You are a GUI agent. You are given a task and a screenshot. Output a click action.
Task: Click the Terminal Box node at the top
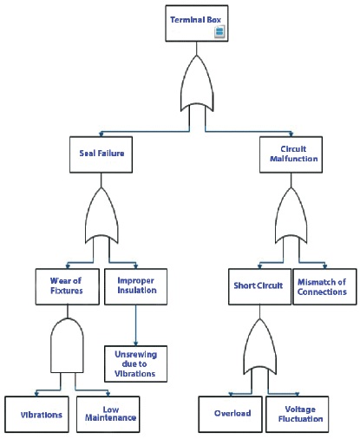click(x=197, y=23)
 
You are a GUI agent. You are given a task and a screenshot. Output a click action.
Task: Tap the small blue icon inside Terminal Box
click(x=219, y=31)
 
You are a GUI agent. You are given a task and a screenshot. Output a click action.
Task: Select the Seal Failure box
click(x=101, y=154)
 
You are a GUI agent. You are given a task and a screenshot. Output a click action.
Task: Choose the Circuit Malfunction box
click(x=291, y=154)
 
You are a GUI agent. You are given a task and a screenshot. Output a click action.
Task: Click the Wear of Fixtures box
click(x=68, y=286)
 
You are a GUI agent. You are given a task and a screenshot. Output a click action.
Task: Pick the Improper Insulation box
click(x=135, y=286)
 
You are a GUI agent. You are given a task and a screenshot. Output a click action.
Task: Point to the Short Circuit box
click(x=259, y=286)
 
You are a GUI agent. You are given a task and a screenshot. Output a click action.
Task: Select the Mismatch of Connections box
click(x=324, y=286)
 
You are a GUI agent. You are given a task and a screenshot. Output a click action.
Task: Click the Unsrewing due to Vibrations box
click(x=135, y=364)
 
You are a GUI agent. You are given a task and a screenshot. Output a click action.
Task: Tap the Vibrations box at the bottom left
click(x=36, y=415)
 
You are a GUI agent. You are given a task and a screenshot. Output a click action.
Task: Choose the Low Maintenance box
click(x=108, y=415)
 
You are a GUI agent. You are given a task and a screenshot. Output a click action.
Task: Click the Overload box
click(x=231, y=415)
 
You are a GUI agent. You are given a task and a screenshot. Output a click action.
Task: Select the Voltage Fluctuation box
click(x=298, y=415)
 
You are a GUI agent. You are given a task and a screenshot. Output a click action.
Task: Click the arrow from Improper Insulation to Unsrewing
click(x=135, y=325)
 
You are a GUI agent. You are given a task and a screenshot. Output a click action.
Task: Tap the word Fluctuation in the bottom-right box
click(x=300, y=419)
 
